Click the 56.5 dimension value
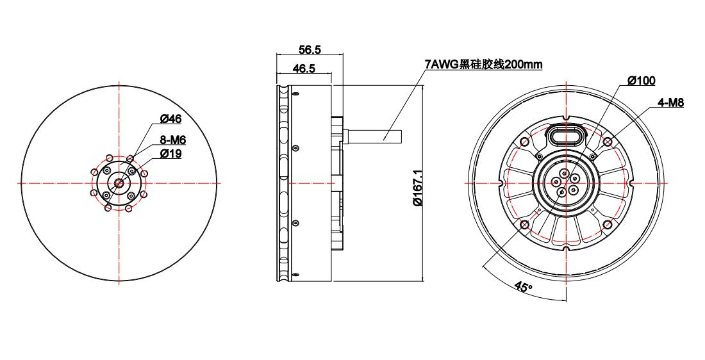[310, 50]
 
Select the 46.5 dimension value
[304, 68]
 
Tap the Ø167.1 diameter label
[417, 188]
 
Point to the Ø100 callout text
[641, 81]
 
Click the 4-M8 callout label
[670, 103]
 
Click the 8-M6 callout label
[173, 140]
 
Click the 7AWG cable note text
[483, 64]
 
